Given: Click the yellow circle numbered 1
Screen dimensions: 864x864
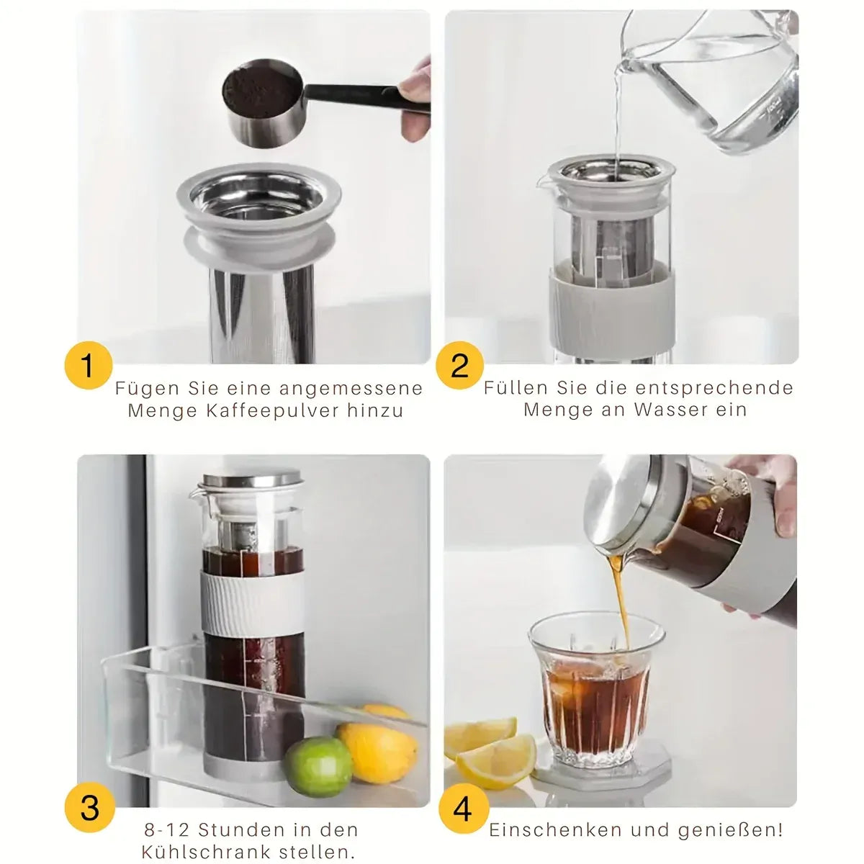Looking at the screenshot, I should pyautogui.click(x=88, y=366).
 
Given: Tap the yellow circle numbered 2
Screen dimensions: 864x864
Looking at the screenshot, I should pyautogui.click(x=459, y=366).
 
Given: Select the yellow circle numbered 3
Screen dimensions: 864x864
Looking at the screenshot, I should pyautogui.click(x=89, y=808).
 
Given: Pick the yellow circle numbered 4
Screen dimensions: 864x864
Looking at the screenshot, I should pyautogui.click(x=462, y=808).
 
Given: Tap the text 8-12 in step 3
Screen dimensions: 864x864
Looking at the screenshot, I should pyautogui.click(x=166, y=830).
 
